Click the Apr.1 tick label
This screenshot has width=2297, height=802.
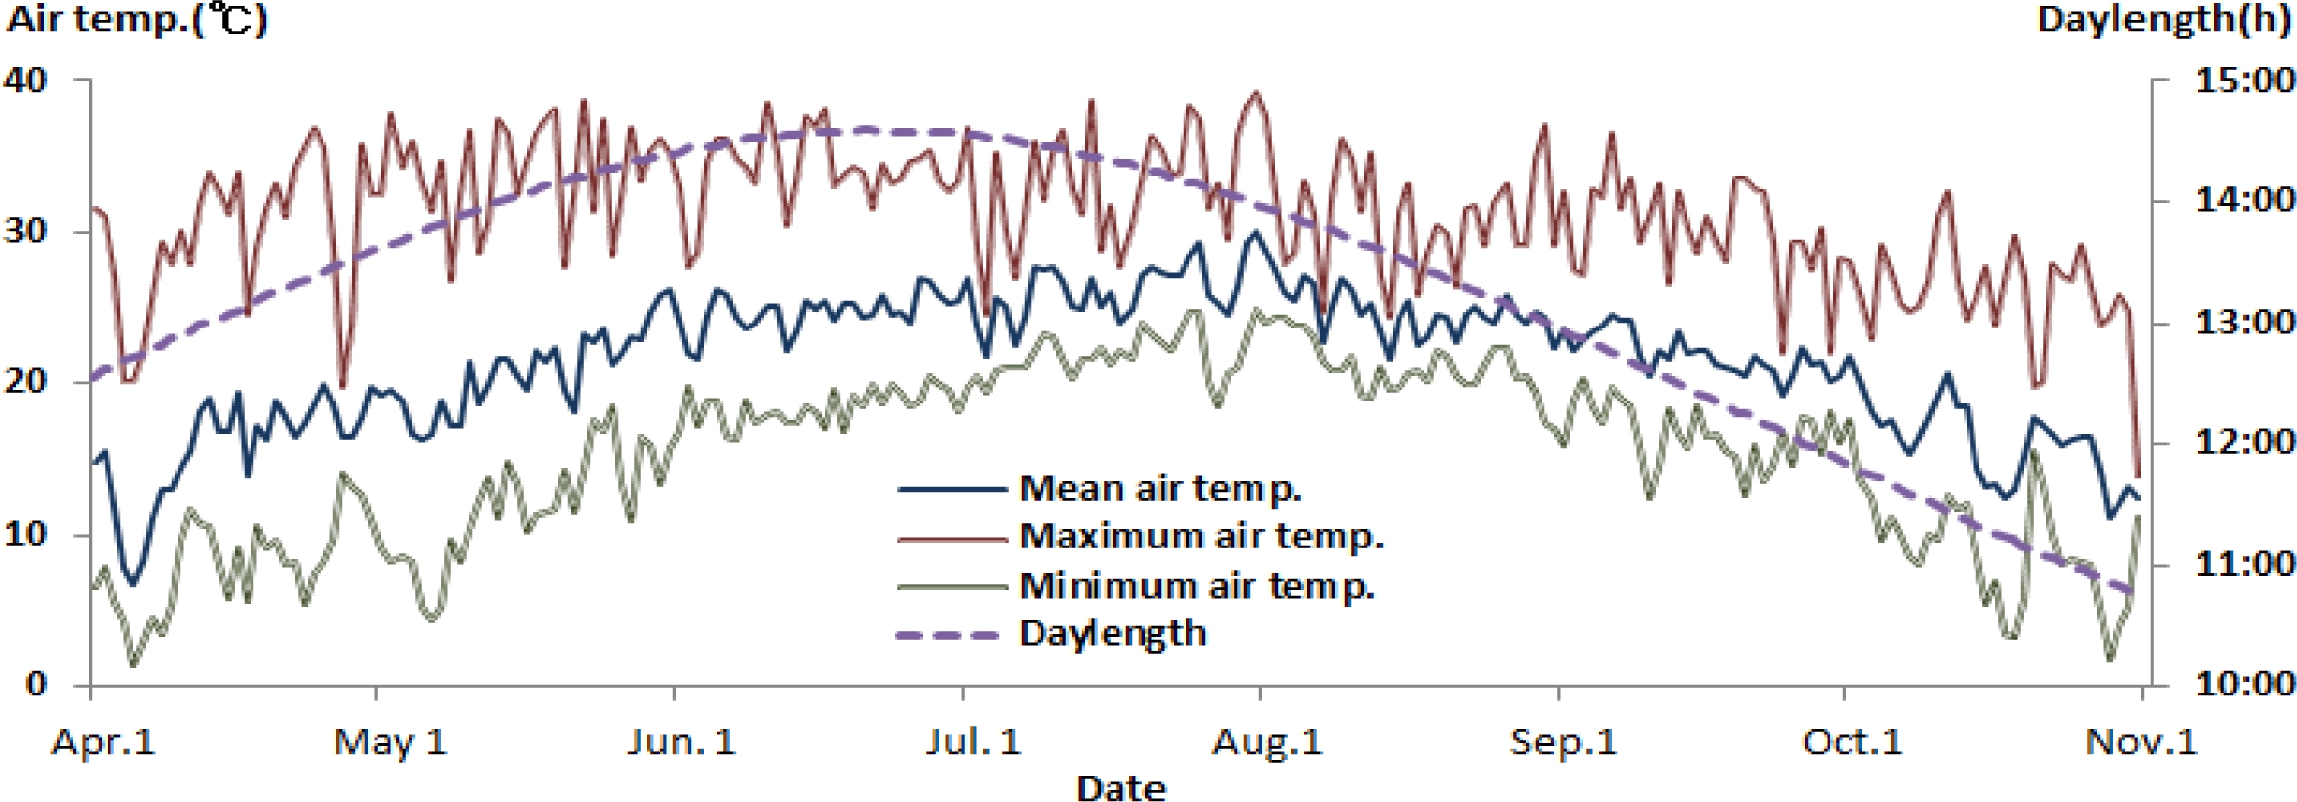point(104,742)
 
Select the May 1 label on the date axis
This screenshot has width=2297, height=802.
point(391,742)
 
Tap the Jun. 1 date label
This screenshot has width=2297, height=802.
point(682,742)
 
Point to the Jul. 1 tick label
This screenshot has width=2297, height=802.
point(972,742)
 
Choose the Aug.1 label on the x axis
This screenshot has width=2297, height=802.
point(1266,742)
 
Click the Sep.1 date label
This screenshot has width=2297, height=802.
point(1563,742)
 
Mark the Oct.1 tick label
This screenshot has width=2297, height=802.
point(1851,742)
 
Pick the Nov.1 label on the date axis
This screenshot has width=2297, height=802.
point(2141,742)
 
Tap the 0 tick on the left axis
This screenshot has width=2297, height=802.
point(36,684)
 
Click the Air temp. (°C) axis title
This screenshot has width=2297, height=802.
point(136,20)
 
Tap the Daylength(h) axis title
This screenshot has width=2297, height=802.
point(2163,20)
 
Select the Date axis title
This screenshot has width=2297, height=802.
point(1120,788)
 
